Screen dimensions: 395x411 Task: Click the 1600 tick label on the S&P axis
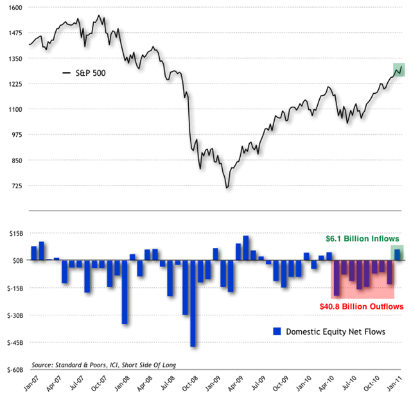click(14, 7)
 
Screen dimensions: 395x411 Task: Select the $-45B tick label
click(13, 342)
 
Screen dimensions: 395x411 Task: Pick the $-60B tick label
click(13, 370)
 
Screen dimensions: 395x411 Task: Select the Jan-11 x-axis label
click(398, 383)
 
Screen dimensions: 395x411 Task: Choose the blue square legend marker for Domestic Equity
click(277, 331)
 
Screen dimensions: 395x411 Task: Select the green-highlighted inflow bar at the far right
click(398, 254)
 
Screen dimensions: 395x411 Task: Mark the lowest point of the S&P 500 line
click(226, 188)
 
